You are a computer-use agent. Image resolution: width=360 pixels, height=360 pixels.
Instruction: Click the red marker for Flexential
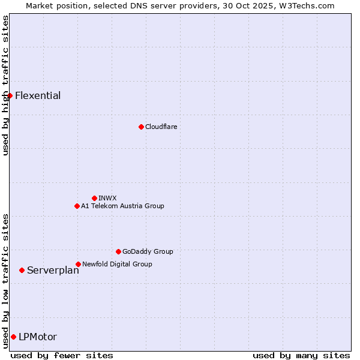[x=10, y=95]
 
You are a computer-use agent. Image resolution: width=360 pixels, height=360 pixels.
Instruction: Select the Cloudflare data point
[x=141, y=127]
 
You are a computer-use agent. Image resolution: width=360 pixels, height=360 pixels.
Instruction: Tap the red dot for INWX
[x=94, y=198]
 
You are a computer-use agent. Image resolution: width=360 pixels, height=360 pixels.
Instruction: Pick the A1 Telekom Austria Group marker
[x=77, y=206]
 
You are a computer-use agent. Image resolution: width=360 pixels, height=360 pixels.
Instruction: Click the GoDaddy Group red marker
[x=118, y=251]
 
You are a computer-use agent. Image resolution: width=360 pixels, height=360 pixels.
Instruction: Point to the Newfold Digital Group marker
[x=78, y=264]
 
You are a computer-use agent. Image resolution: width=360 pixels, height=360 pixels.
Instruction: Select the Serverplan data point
[x=22, y=270]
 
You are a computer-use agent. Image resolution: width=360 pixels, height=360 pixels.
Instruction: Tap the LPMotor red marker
[x=13, y=337]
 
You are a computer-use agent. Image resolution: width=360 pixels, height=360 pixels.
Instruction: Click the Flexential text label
[x=38, y=95]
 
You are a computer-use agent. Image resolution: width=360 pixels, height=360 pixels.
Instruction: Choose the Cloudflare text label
[x=161, y=127]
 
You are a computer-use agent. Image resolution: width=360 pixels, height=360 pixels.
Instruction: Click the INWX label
[x=107, y=198]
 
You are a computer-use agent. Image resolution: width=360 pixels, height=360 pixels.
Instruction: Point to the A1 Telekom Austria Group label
[x=122, y=206]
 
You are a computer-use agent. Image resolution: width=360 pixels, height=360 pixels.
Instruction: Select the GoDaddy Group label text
[x=148, y=251]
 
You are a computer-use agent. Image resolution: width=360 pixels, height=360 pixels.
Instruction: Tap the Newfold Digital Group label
[x=117, y=264]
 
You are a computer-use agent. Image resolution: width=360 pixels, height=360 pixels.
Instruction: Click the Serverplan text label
[x=53, y=270]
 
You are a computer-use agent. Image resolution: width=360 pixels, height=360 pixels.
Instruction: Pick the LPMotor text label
[x=38, y=337]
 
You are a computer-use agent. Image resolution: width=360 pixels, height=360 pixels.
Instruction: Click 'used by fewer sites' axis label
[x=62, y=355]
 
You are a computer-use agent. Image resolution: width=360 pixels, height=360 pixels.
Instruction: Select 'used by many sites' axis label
[x=301, y=355]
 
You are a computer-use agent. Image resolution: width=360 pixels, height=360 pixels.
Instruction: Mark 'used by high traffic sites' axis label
[x=5, y=85]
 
